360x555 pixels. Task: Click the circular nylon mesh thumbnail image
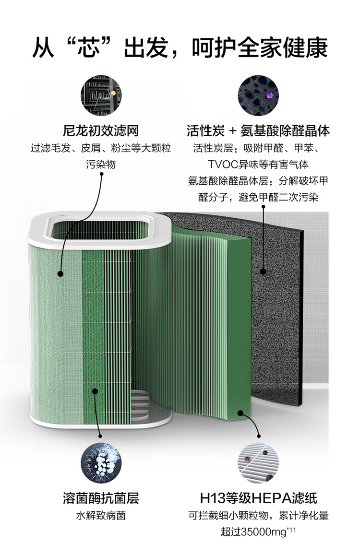coord(101,95)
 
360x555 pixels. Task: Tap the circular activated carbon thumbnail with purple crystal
coord(258,95)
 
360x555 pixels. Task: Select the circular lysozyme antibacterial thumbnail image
coord(101,462)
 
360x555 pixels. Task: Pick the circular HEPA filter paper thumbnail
coord(258,462)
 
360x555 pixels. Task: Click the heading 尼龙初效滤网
coord(101,130)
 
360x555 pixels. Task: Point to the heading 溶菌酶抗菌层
coord(101,498)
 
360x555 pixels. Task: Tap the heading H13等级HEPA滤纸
coord(258,498)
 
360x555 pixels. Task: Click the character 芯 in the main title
coord(89,47)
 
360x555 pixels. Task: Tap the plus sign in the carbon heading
coord(232,131)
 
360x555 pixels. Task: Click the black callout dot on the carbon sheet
coord(263,272)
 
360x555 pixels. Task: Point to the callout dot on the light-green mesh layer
coord(60,273)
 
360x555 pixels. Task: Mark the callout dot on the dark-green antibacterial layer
coord(95,391)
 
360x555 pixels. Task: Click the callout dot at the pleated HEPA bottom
coord(240,413)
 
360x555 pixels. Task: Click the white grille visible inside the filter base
coord(141,403)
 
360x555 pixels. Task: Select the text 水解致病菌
coord(101,515)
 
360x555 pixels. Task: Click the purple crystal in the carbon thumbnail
coord(270,95)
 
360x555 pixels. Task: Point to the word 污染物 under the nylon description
coord(101,165)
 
